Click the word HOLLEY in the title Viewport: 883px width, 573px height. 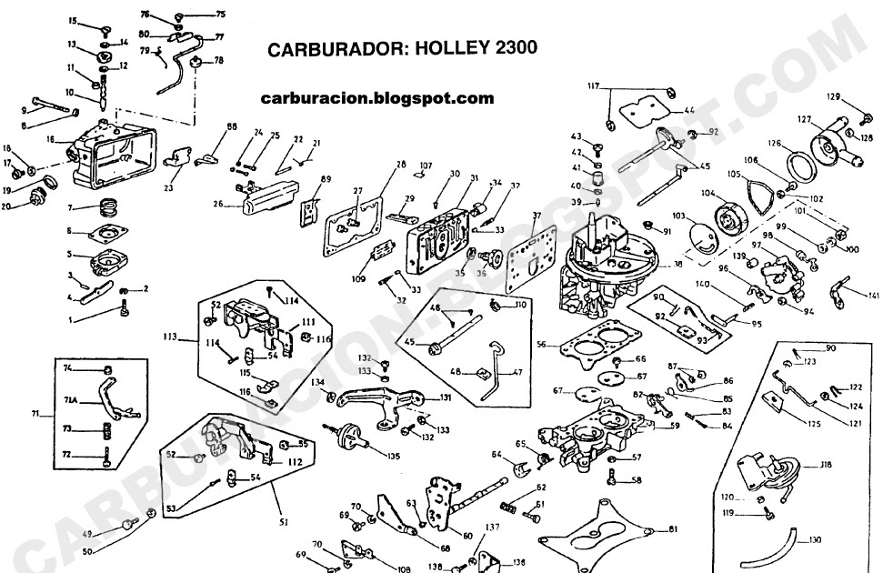(448, 49)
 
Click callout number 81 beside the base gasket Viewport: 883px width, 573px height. (673, 529)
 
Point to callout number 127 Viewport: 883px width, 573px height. (804, 118)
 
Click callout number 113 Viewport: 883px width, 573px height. (168, 337)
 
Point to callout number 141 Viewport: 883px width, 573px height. (874, 296)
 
